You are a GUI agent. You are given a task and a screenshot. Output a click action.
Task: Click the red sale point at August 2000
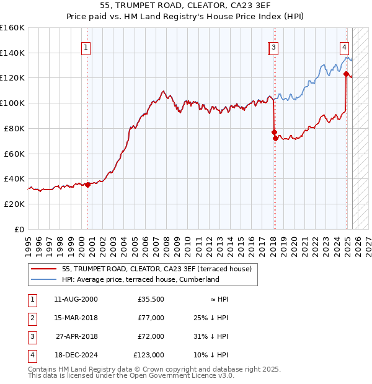(87, 184)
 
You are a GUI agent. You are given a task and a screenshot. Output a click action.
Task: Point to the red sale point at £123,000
(346, 74)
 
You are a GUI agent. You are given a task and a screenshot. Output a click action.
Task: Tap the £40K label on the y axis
(14, 178)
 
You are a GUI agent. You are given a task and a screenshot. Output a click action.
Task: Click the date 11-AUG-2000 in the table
(76, 299)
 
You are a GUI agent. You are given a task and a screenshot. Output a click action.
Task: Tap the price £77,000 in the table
(151, 318)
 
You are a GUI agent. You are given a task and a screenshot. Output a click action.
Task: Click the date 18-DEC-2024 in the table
(76, 355)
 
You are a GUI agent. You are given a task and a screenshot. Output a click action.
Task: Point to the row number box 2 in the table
(31, 318)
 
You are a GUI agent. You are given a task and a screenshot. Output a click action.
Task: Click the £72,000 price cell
(151, 336)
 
